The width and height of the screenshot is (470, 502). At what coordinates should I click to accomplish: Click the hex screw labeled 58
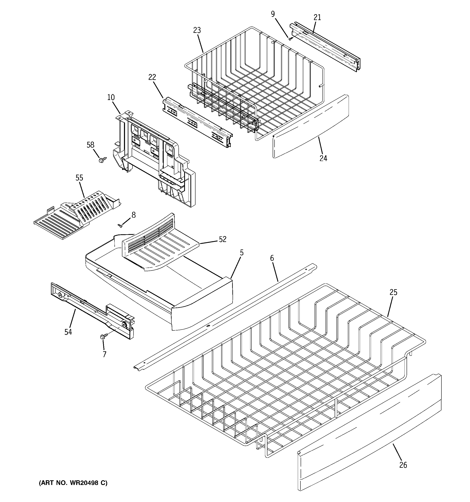tap(103, 160)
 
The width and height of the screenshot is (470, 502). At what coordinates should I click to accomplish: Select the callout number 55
tap(79, 178)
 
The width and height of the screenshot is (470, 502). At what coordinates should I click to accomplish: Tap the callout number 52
tap(222, 239)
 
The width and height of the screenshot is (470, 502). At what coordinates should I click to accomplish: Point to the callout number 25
tap(393, 292)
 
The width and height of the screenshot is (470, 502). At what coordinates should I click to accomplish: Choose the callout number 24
tap(323, 158)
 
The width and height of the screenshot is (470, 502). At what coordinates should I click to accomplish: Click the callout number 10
tap(111, 97)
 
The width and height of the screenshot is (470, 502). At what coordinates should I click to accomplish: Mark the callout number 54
tap(68, 332)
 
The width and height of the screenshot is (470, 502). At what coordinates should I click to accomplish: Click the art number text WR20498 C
tap(73, 483)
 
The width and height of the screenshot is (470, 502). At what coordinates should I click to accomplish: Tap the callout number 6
tap(272, 258)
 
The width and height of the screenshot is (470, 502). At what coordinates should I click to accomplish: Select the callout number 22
tap(152, 77)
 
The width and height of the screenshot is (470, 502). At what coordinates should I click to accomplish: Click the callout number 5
tap(241, 253)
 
